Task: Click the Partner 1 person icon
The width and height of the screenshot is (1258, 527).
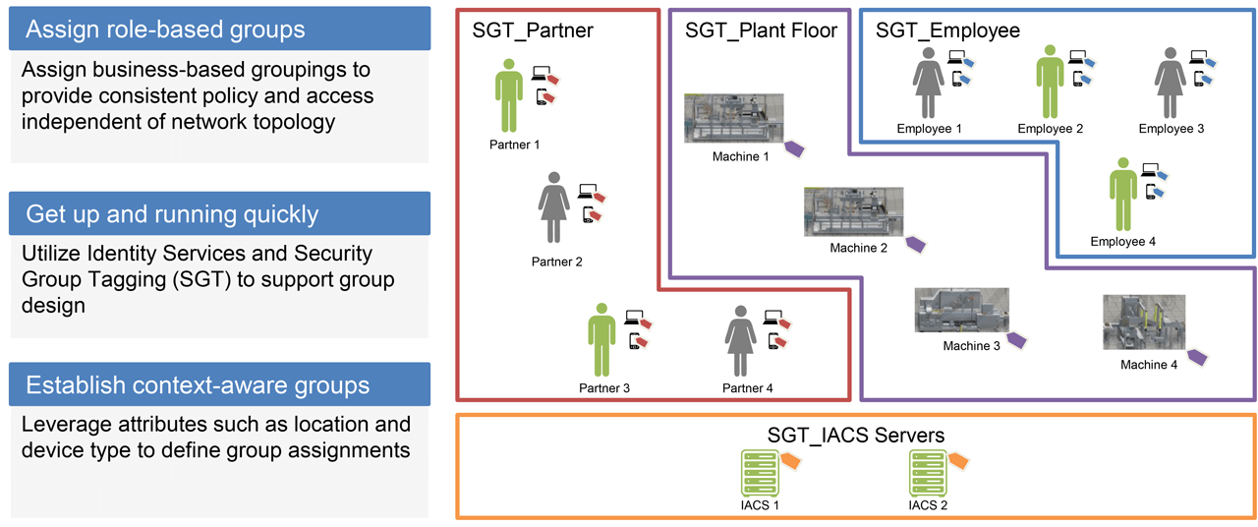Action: [x=508, y=94]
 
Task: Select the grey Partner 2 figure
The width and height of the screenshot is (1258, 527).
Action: [x=554, y=207]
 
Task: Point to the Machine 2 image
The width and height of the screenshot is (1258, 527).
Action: [x=853, y=211]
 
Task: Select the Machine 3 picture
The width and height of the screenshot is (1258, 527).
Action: [x=961, y=311]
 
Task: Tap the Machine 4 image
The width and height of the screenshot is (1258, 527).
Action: [x=1143, y=322]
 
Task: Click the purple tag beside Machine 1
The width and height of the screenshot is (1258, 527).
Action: [x=793, y=148]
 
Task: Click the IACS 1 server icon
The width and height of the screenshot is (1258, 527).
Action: [x=759, y=474]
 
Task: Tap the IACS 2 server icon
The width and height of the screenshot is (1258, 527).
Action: [x=928, y=474]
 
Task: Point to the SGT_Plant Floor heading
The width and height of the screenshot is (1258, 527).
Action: [x=761, y=30]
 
